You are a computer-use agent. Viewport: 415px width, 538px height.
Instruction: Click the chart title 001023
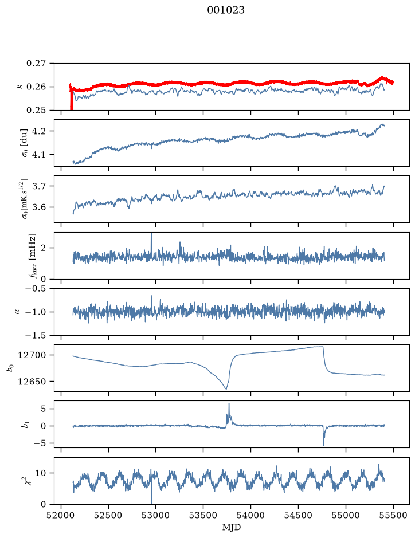pyautogui.click(x=226, y=10)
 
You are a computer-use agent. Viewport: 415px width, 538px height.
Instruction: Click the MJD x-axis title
pyautogui.click(x=232, y=527)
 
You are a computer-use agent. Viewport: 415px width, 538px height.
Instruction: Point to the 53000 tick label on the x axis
pyautogui.click(x=156, y=516)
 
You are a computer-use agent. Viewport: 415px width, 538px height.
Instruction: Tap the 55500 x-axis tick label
pyautogui.click(x=393, y=516)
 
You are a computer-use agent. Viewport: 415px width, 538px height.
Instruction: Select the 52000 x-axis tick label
pyautogui.click(x=61, y=516)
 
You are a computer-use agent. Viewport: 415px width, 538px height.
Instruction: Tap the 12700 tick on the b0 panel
pyautogui.click(x=32, y=355)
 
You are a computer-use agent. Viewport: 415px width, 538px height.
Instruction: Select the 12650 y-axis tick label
pyautogui.click(x=32, y=381)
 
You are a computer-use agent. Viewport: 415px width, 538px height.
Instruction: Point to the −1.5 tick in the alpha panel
pyautogui.click(x=36, y=335)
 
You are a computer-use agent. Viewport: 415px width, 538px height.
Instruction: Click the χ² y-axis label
pyautogui.click(x=29, y=481)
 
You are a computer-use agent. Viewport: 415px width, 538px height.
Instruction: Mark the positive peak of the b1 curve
pyautogui.click(x=229, y=403)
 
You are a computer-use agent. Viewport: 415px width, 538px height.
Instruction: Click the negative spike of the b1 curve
pyautogui.click(x=324, y=445)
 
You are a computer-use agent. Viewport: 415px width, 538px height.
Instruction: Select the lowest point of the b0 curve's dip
pyautogui.click(x=226, y=388)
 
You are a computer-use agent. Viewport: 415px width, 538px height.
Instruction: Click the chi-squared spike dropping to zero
pyautogui.click(x=151, y=502)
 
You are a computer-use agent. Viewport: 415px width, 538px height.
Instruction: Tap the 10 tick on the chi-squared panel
pyautogui.click(x=41, y=473)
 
